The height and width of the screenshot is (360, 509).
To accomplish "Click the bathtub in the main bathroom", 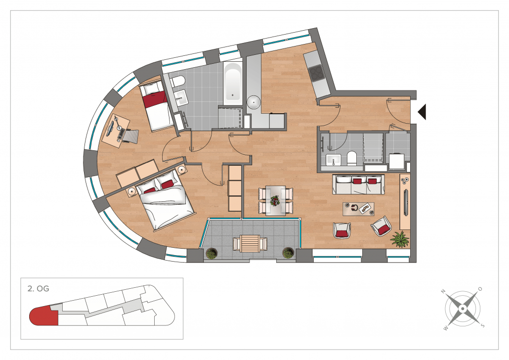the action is click(233, 83).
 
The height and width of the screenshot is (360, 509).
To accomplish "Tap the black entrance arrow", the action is click(422, 112).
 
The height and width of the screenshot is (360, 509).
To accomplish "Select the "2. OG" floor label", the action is click(39, 288).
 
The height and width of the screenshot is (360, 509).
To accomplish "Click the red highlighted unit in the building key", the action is click(43, 315).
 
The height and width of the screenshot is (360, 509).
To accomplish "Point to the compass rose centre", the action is click(463, 309).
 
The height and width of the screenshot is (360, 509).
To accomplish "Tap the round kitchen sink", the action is click(254, 102).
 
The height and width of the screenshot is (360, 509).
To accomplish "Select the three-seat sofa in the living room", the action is click(358, 184).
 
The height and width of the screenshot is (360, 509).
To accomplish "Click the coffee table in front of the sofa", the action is click(358, 209).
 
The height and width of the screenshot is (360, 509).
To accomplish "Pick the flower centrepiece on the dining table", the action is click(275, 200).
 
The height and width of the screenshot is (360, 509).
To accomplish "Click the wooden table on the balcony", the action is click(250, 243).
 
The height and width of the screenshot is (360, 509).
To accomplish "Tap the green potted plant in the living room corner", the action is click(401, 239).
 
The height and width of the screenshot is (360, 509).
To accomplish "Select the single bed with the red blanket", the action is click(156, 105).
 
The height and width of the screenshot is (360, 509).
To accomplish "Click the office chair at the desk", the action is click(128, 135).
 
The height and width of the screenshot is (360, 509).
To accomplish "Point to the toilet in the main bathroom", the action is click(177, 81).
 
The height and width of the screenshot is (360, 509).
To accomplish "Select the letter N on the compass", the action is click(443, 291).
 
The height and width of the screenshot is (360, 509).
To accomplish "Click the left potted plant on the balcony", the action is click(212, 253).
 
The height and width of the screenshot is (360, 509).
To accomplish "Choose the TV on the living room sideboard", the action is click(405, 202).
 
